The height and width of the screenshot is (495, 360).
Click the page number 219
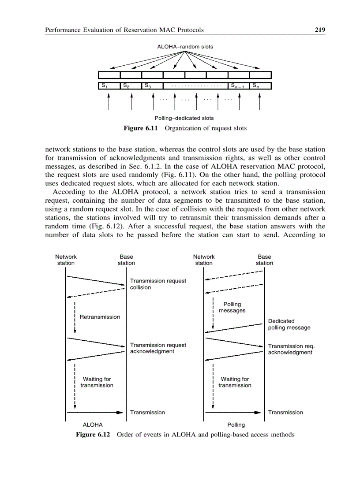tap(320, 30)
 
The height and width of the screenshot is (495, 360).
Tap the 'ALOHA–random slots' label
tap(185, 46)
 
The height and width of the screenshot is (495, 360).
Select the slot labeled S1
tap(108, 86)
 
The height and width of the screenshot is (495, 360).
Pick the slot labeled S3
tap(152, 86)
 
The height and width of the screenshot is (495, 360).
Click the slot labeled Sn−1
tap(238, 86)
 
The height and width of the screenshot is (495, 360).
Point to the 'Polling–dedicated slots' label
tap(184, 118)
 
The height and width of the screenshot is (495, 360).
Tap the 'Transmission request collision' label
tap(157, 284)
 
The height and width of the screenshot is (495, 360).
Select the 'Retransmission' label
tap(100, 317)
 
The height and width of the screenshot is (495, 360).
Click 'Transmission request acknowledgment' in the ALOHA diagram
tap(157, 348)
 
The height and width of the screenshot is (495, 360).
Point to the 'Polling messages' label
tap(232, 307)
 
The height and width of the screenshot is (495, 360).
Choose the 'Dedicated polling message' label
tap(289, 324)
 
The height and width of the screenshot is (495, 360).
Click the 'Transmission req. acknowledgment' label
tap(291, 349)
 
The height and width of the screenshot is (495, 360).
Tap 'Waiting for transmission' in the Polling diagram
tap(235, 382)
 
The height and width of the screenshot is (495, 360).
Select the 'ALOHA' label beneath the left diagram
tap(93, 425)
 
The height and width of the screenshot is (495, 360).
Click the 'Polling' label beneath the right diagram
tap(236, 425)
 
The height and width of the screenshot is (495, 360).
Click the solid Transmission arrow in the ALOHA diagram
tap(94, 413)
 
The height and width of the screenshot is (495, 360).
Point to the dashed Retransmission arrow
tap(75, 317)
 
